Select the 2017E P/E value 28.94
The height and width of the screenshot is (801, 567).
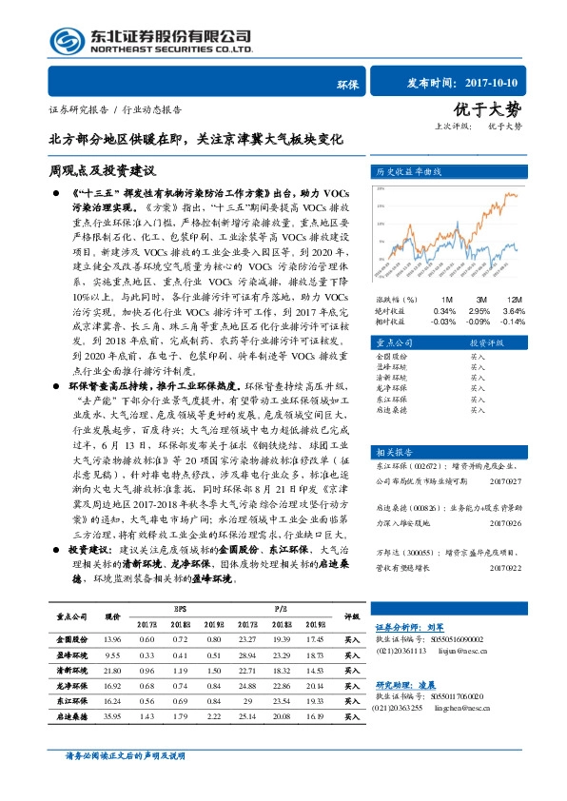coord(248,655)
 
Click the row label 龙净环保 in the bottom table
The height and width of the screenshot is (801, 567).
coord(72,686)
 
